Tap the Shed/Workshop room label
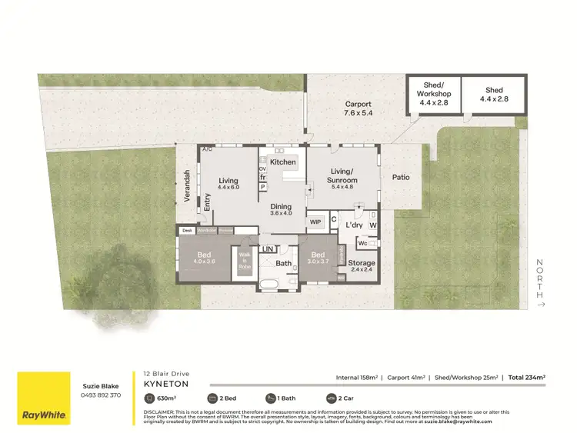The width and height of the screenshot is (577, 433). [x=433, y=92]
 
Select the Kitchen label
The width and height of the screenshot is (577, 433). [x=282, y=162]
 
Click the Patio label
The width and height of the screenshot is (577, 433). [x=401, y=178]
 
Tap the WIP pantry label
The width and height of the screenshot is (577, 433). [x=315, y=221]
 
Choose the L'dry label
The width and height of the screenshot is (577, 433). [x=353, y=225]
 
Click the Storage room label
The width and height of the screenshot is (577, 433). [x=362, y=264]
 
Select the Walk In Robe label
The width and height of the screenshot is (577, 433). [x=245, y=260]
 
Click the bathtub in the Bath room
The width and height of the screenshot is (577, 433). [x=269, y=286]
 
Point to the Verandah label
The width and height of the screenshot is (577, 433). [x=186, y=186]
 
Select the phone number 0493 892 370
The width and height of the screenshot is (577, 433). [x=101, y=395]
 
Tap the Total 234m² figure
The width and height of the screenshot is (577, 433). [x=527, y=378]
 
